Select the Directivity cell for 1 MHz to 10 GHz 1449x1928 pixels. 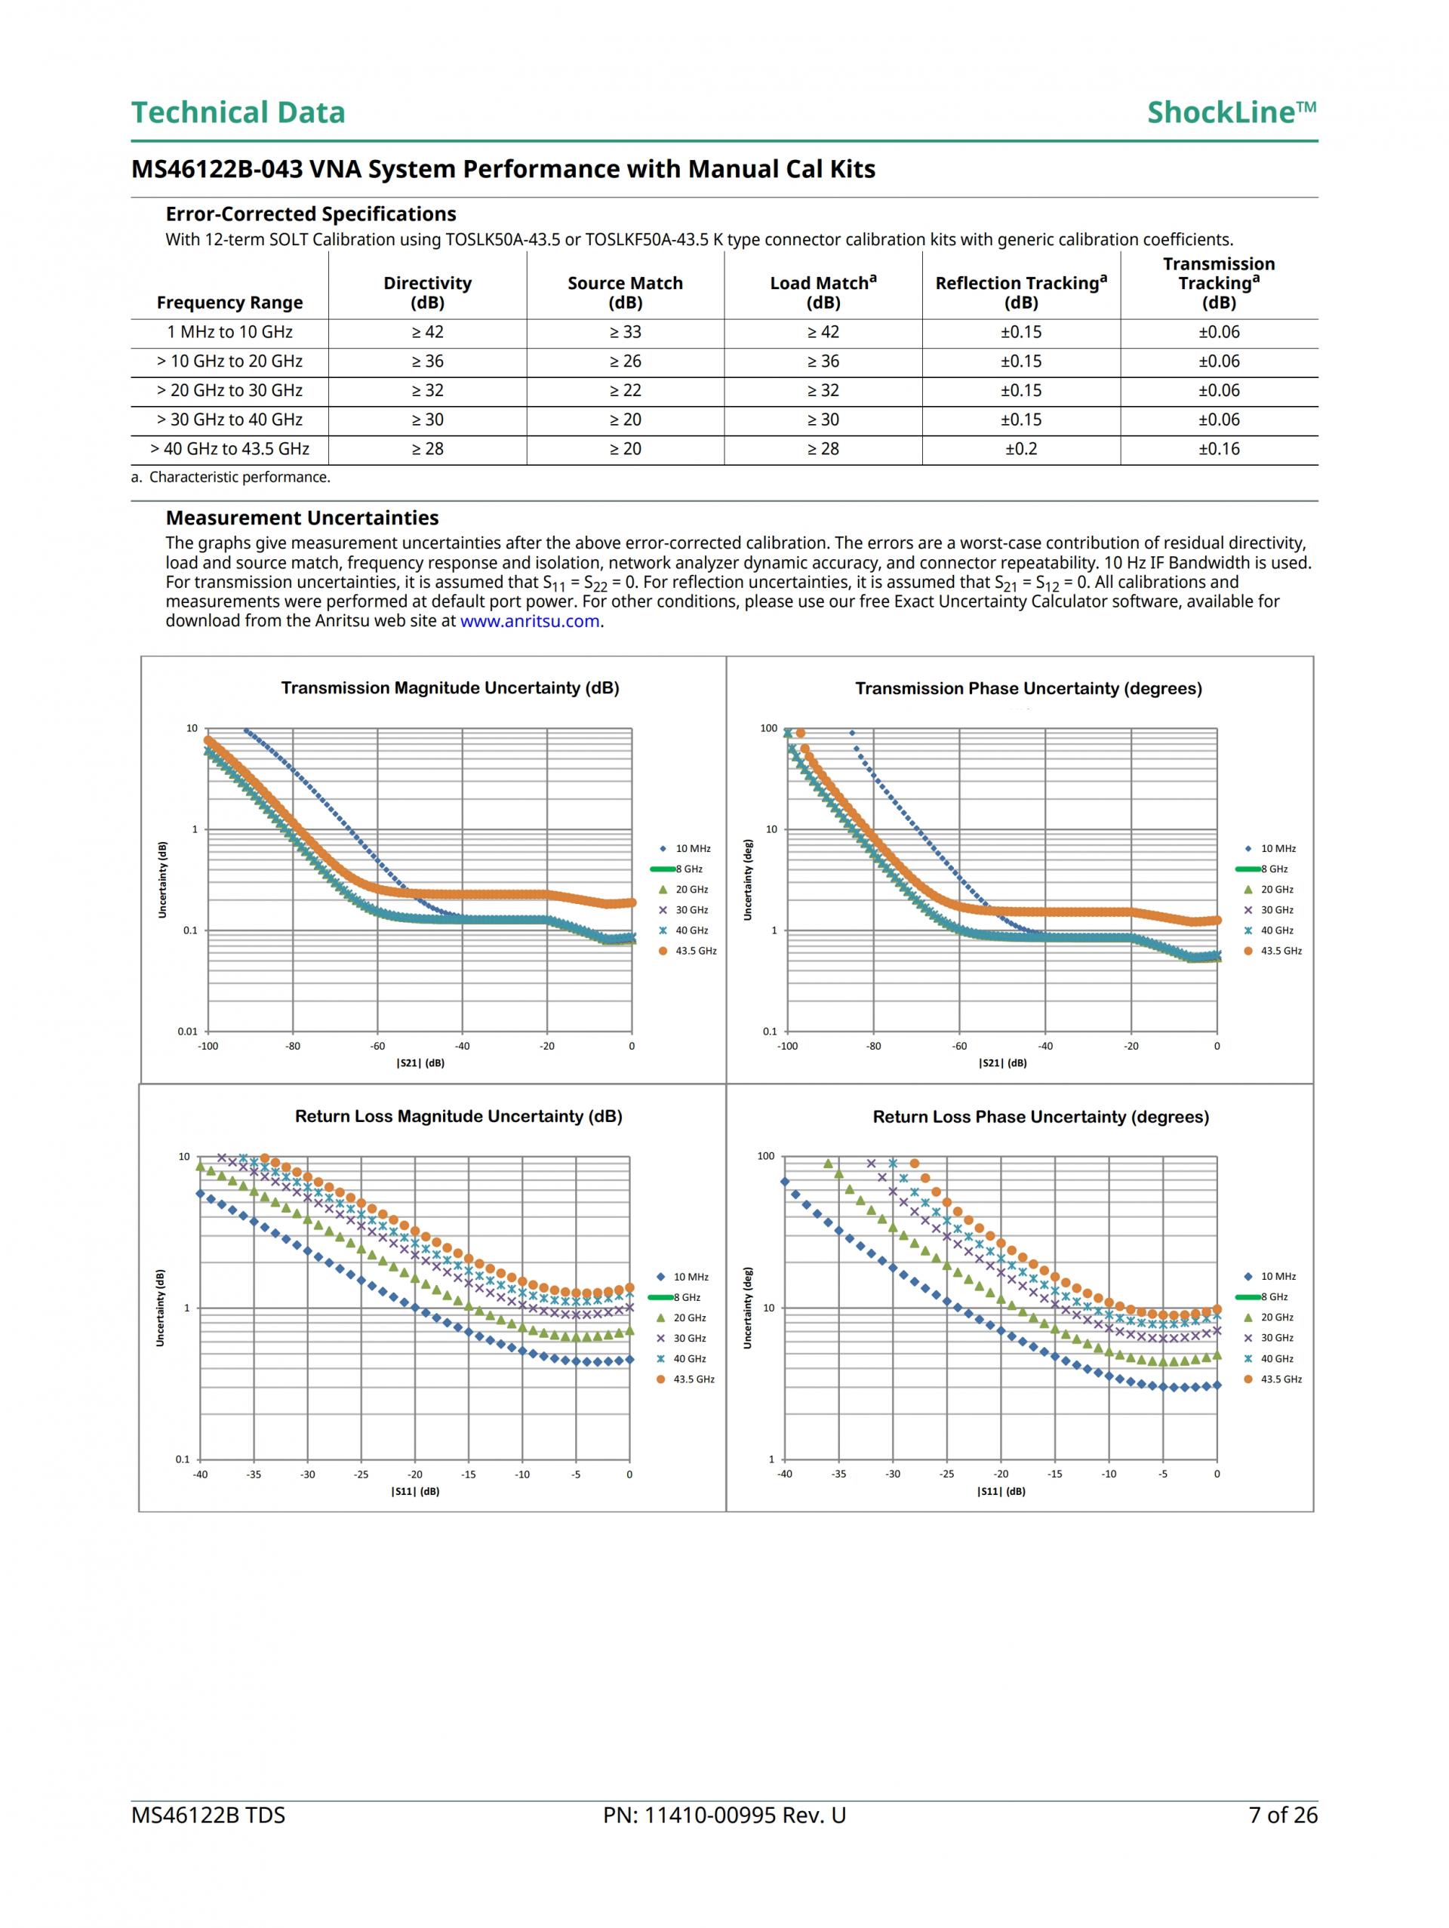tap(427, 332)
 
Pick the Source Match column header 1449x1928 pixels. tap(625, 292)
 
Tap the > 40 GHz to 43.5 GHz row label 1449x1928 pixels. tap(229, 449)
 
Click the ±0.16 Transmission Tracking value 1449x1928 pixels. tap(1218, 449)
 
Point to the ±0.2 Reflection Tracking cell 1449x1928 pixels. tap(1021, 449)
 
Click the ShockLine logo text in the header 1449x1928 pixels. tap(1230, 112)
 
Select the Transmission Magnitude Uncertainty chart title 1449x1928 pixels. tap(450, 687)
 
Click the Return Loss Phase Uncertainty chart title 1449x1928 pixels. tap(1040, 1117)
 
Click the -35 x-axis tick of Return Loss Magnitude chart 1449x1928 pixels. tap(254, 1474)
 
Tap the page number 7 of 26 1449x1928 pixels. tap(1282, 1815)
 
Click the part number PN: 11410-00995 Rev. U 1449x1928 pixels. tap(724, 1815)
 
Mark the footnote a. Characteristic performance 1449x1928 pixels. tap(230, 477)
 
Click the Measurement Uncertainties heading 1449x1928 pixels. tap(302, 518)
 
